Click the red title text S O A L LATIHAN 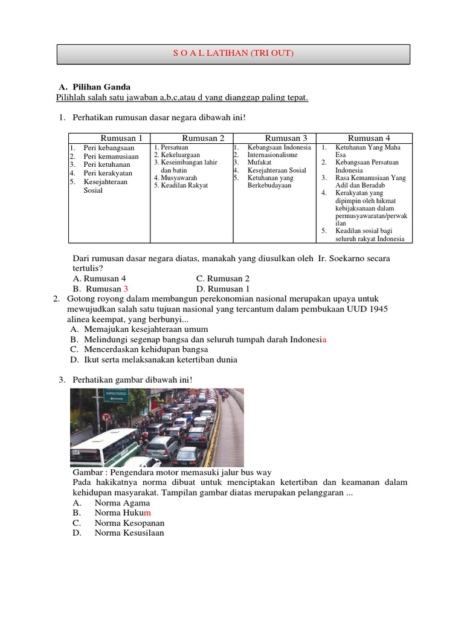233,54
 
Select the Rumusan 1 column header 121,138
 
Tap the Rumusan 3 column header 286,138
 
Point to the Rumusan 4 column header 369,138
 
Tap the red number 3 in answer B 126,289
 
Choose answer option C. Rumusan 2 223,279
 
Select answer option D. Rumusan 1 223,289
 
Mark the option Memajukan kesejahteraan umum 146,329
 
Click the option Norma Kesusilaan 129,533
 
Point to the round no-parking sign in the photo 107,417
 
